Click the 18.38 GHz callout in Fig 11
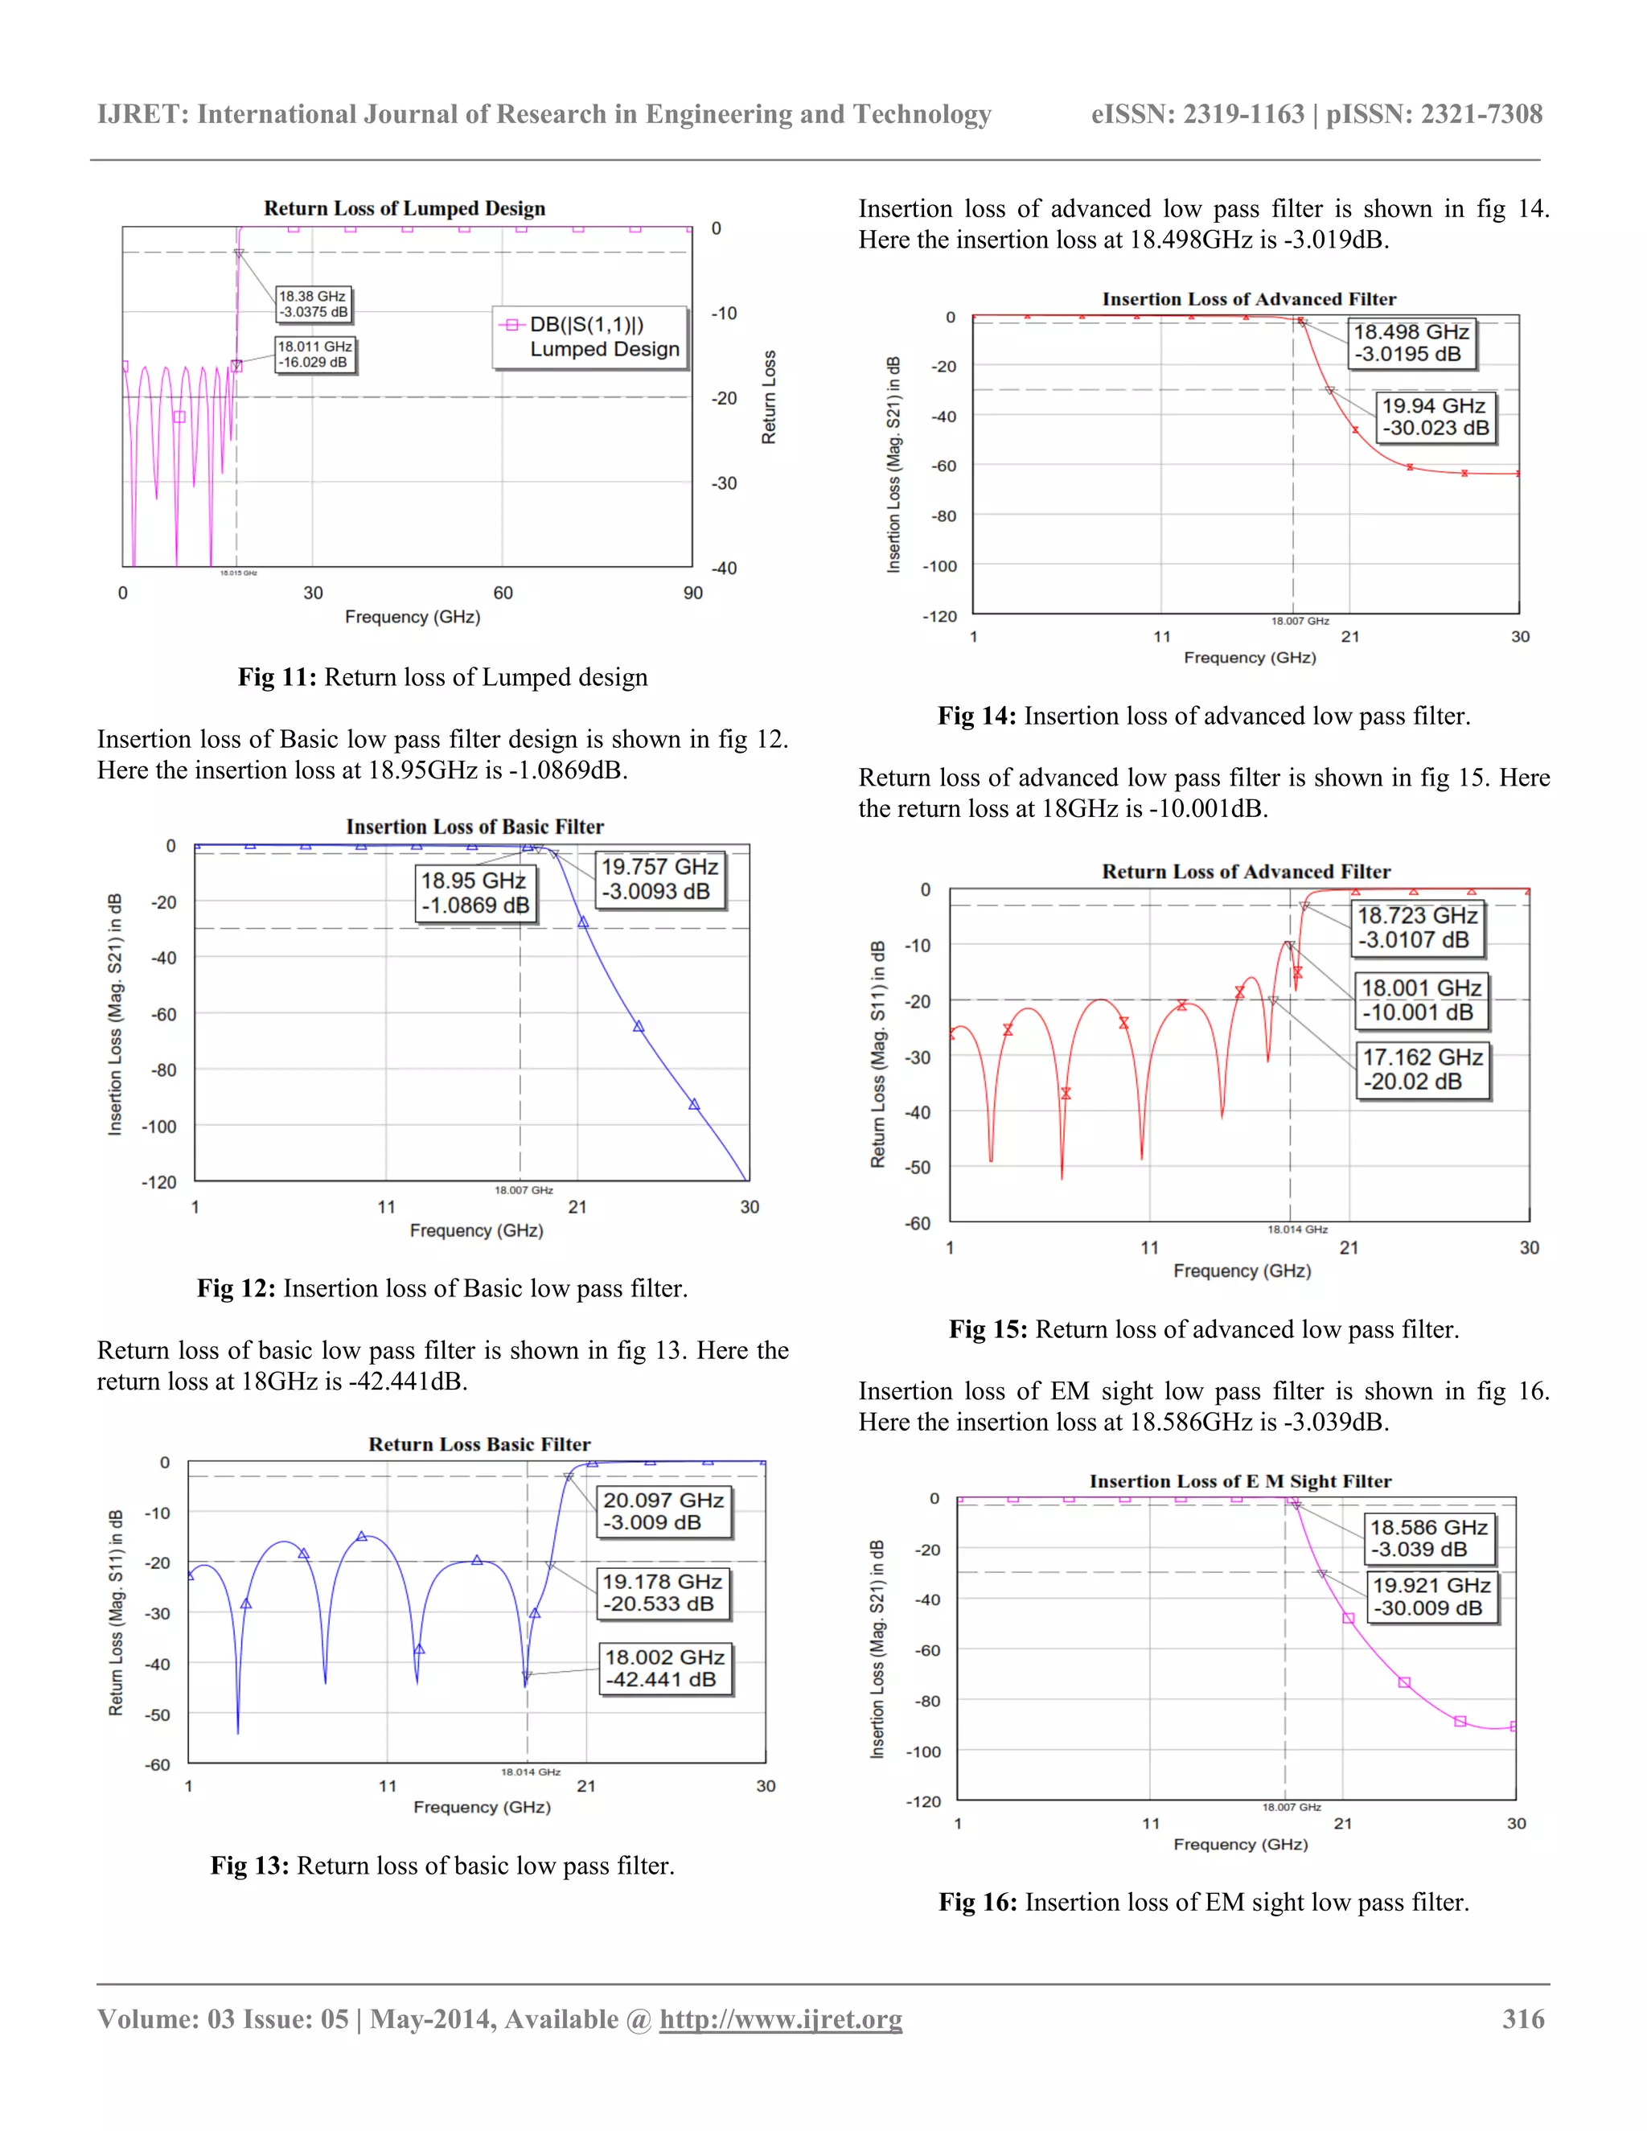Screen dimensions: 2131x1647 (x=312, y=303)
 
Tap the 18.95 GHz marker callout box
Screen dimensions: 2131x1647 (x=474, y=893)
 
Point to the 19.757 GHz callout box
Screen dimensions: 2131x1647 (x=659, y=879)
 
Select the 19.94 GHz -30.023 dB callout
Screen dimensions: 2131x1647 (x=1435, y=417)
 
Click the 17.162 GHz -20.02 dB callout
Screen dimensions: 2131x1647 (x=1422, y=1070)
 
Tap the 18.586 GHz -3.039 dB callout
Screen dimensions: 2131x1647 (x=1428, y=1538)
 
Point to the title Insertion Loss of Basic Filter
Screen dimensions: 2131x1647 (x=474, y=827)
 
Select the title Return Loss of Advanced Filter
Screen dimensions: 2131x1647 (x=1246, y=872)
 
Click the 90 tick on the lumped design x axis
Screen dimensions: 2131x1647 (x=692, y=593)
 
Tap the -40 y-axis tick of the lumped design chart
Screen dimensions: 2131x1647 (x=723, y=568)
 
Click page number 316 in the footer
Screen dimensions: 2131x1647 (x=1523, y=2018)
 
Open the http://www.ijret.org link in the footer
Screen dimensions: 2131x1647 (x=781, y=2018)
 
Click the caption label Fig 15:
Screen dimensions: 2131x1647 (x=988, y=1329)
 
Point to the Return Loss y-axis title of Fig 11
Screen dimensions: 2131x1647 (x=769, y=397)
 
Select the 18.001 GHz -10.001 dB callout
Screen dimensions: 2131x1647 (x=1421, y=1000)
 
